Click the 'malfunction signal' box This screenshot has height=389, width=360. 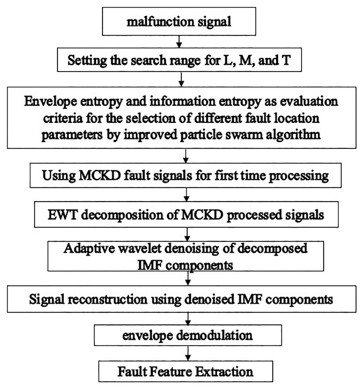point(179,21)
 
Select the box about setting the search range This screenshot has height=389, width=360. point(179,60)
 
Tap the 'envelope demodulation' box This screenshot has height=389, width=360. point(188,335)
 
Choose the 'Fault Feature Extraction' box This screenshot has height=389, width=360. point(186,371)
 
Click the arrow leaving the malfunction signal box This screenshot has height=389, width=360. point(179,42)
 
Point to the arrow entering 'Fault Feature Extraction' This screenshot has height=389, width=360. point(188,353)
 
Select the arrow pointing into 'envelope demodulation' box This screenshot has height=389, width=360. point(188,319)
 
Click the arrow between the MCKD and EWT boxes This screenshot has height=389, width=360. point(187,195)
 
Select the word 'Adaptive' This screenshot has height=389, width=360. point(89,249)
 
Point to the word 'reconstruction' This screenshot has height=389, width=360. point(108,299)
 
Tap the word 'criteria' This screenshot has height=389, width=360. point(63,118)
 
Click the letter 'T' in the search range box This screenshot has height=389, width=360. point(286,60)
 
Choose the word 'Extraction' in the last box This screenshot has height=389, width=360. point(224,372)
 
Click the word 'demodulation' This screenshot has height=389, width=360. point(214,335)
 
